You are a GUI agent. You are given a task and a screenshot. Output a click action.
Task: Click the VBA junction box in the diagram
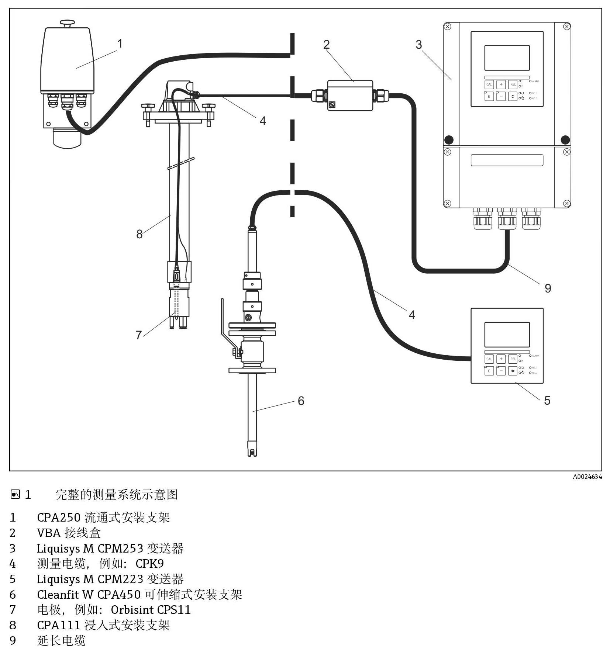(x=350, y=95)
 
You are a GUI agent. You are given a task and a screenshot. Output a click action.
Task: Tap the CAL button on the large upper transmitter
(x=489, y=85)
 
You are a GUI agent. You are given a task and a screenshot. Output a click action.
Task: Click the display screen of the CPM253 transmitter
(x=507, y=58)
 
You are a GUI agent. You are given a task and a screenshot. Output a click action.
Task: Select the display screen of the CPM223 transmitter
(x=507, y=335)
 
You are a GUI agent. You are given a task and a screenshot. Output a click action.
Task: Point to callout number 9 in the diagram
(x=548, y=288)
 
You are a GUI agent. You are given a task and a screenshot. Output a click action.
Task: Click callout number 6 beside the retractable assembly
(x=301, y=401)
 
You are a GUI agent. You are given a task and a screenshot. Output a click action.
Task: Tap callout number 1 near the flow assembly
(x=120, y=44)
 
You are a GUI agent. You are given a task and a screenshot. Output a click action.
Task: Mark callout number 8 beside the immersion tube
(x=139, y=234)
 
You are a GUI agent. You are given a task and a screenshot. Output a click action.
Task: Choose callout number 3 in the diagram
(x=418, y=45)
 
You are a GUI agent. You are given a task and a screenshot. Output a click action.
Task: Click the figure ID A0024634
(x=587, y=477)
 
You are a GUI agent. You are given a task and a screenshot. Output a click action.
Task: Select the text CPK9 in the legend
(x=149, y=563)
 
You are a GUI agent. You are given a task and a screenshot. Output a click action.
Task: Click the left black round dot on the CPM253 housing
(x=449, y=140)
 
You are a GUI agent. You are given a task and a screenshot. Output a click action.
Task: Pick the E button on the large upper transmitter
(x=489, y=97)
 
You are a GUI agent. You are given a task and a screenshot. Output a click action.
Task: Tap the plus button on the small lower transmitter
(x=501, y=359)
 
